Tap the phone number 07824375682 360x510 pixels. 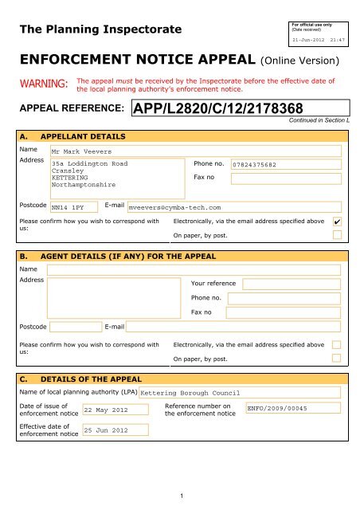(257, 165)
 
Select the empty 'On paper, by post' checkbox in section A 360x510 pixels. (338, 235)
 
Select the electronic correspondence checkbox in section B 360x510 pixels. (338, 344)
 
